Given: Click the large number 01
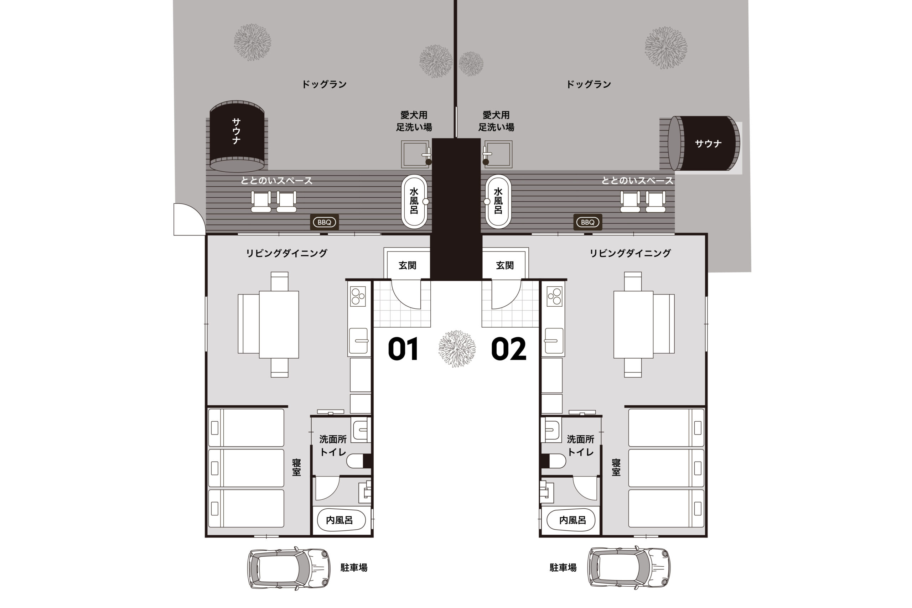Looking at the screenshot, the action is (x=403, y=349).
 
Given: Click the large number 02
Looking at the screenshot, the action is (x=508, y=349).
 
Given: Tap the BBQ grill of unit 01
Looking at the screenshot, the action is (x=325, y=222).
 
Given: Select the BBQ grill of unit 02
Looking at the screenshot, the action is (x=588, y=222).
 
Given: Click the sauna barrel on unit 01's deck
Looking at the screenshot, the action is (x=237, y=136).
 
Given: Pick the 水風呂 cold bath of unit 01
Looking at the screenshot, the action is (x=414, y=201).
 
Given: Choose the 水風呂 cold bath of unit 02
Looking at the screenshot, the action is (x=498, y=201).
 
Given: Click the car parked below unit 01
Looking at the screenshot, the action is (x=289, y=568).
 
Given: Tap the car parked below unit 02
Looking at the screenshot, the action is (x=629, y=568).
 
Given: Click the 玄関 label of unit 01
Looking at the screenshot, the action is (x=408, y=265).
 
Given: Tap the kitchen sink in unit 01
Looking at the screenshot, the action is (x=358, y=341).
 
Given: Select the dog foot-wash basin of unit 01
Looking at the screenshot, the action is (x=415, y=154).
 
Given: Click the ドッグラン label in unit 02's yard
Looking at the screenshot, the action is (x=589, y=84).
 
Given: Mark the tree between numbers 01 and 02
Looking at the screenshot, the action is (x=457, y=348).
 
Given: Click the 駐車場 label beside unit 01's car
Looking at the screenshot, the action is (x=354, y=568).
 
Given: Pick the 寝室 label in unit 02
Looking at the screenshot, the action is (x=616, y=467).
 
